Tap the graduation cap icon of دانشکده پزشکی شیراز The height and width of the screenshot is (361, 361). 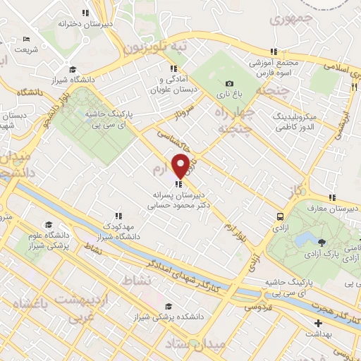168,306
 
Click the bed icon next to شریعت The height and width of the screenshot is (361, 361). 27,39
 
